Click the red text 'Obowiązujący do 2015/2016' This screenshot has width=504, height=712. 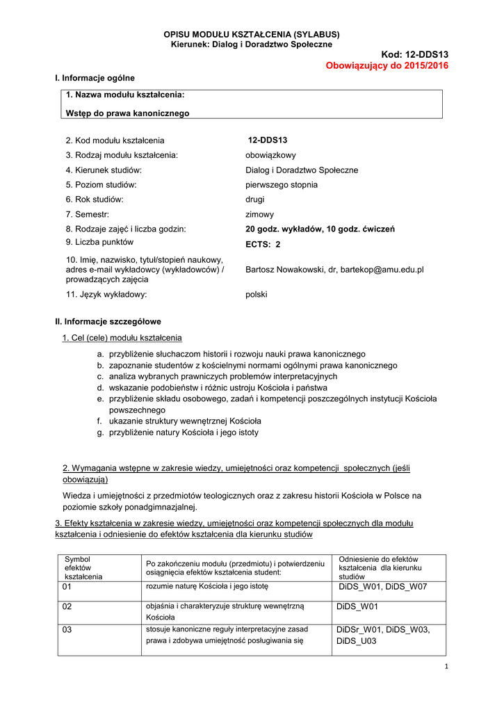point(387,65)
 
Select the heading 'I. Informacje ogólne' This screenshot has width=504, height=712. point(95,78)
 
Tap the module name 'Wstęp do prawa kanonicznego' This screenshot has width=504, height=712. point(127,113)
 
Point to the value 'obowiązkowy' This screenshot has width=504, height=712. point(270,155)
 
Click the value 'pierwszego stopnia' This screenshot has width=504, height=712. point(282,185)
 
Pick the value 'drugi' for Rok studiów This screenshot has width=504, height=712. point(255,200)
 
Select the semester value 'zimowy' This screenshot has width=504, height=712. point(259,215)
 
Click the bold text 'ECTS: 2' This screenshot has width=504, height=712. point(263,245)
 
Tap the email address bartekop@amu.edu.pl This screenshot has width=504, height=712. point(382,269)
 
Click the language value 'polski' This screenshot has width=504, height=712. point(257,294)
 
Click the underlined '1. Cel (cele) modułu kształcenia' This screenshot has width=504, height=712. point(122,338)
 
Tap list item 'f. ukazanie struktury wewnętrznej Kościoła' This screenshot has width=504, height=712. point(179,421)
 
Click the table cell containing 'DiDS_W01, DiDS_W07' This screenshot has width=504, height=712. point(382,587)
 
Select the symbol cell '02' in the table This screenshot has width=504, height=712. point(67,606)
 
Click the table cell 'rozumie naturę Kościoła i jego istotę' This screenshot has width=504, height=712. point(206,587)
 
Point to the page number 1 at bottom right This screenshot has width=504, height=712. point(445,667)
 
